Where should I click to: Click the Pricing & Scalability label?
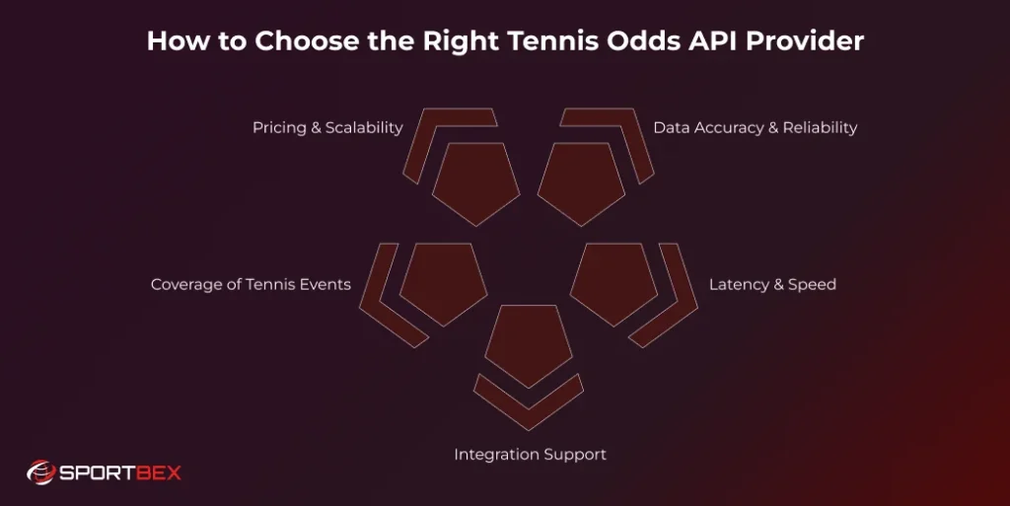click(x=327, y=127)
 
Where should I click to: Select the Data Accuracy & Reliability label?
click(x=755, y=127)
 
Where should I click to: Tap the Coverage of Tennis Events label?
click(x=251, y=284)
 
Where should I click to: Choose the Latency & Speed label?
click(x=772, y=284)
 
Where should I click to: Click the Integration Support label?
click(x=530, y=455)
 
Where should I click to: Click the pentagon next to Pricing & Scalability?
click(x=476, y=181)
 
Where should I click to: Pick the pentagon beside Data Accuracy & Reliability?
click(x=582, y=181)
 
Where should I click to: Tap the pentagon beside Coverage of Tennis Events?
click(x=444, y=281)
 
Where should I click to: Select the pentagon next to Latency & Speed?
click(x=614, y=281)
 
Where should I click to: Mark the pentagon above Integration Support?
click(x=530, y=343)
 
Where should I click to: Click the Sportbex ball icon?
click(x=40, y=472)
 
